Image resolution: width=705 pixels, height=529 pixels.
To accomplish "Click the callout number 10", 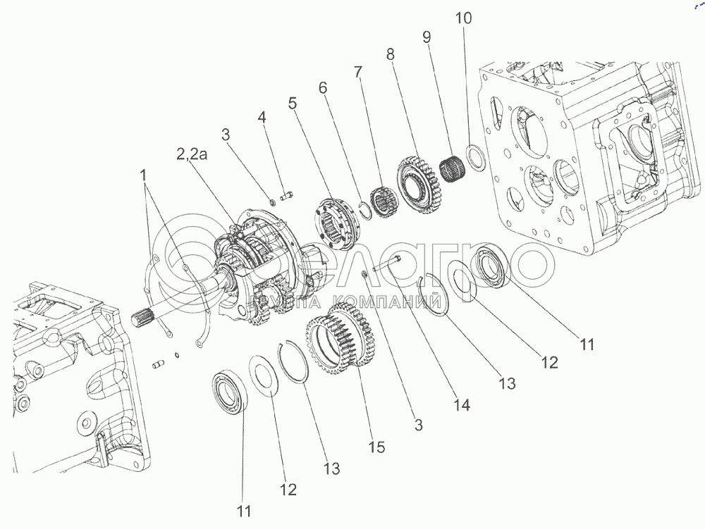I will tap(465, 18).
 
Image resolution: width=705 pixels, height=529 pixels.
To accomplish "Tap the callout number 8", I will tap(391, 54).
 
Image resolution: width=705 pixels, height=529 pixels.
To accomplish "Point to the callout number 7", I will tap(358, 71).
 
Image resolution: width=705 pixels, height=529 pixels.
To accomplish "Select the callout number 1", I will tap(145, 173).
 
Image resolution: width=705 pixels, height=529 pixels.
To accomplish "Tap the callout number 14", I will tap(462, 405).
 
